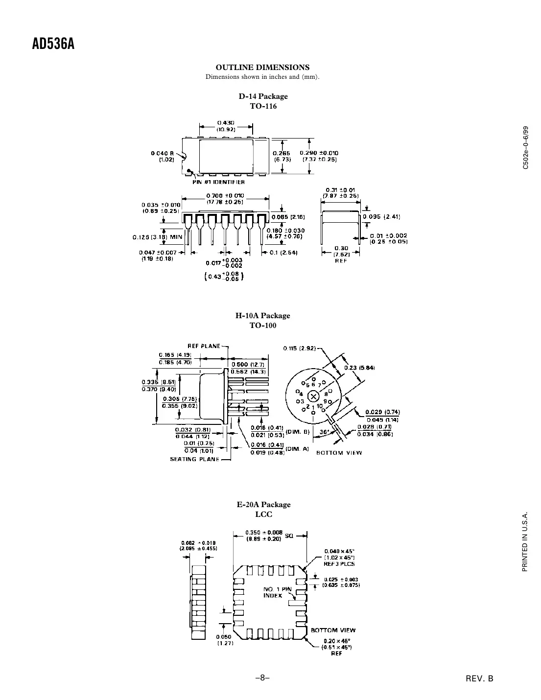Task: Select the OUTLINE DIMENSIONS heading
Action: [x=262, y=68]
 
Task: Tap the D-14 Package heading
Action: [x=263, y=96]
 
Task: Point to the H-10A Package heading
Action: [x=263, y=316]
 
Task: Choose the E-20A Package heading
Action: [x=263, y=505]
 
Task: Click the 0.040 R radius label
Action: [x=163, y=156]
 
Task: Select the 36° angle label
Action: [x=324, y=432]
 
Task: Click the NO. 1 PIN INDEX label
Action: [x=278, y=592]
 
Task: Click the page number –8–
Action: [x=262, y=678]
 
